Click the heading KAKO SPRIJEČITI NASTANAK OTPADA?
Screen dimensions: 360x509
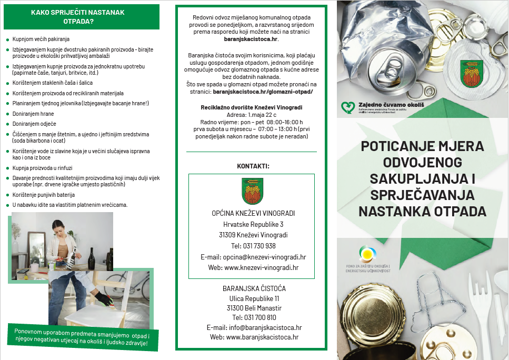click(78, 17)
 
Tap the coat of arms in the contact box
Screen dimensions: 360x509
click(252, 191)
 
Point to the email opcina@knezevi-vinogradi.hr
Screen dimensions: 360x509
click(253, 257)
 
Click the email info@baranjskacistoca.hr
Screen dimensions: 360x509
click(254, 327)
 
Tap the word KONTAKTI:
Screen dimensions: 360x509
click(253, 166)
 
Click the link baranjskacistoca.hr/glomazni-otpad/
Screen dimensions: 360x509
click(262, 92)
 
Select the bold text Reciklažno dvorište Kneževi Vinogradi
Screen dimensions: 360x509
click(252, 107)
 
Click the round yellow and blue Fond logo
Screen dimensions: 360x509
click(366, 254)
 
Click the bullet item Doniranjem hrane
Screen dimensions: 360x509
click(33, 114)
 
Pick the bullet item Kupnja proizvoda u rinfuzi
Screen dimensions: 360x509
click(43, 168)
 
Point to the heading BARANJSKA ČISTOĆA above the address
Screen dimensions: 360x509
click(254, 288)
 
